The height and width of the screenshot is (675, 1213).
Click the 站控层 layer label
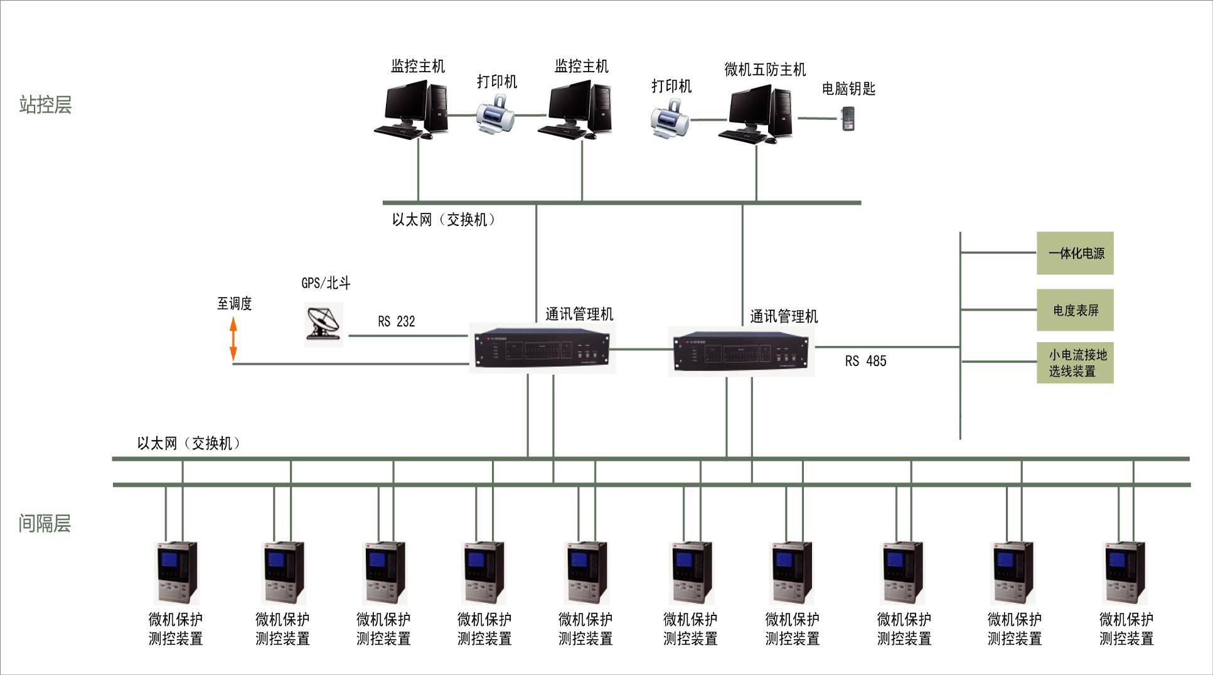pyautogui.click(x=45, y=104)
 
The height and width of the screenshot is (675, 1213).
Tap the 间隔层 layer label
pyautogui.click(x=45, y=523)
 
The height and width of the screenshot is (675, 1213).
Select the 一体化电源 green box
pyautogui.click(x=1075, y=253)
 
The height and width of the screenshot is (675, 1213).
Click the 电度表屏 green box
pyautogui.click(x=1075, y=310)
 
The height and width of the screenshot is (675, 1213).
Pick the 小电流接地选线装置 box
pyautogui.click(x=1075, y=362)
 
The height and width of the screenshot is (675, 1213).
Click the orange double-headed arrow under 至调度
pyautogui.click(x=233, y=339)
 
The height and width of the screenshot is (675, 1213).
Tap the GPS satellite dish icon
pyautogui.click(x=324, y=323)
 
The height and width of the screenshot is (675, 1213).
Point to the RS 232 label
pyautogui.click(x=396, y=321)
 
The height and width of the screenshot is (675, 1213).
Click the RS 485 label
pyautogui.click(x=865, y=361)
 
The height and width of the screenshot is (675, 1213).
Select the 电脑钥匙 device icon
pyautogui.click(x=848, y=119)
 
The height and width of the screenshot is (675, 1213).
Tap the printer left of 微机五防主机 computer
pyautogui.click(x=669, y=119)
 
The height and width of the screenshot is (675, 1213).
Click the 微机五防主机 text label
pyautogui.click(x=765, y=70)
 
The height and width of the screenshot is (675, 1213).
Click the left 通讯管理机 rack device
pyautogui.click(x=542, y=348)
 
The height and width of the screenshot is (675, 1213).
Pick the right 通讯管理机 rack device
pyautogui.click(x=741, y=352)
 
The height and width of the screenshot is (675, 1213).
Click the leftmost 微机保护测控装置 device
pyautogui.click(x=176, y=573)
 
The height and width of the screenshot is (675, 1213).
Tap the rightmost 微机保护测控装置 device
pyautogui.click(x=1125, y=573)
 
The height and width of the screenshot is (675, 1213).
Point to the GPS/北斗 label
pyautogui.click(x=326, y=283)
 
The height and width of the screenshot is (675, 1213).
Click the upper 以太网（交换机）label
pyautogui.click(x=443, y=220)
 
